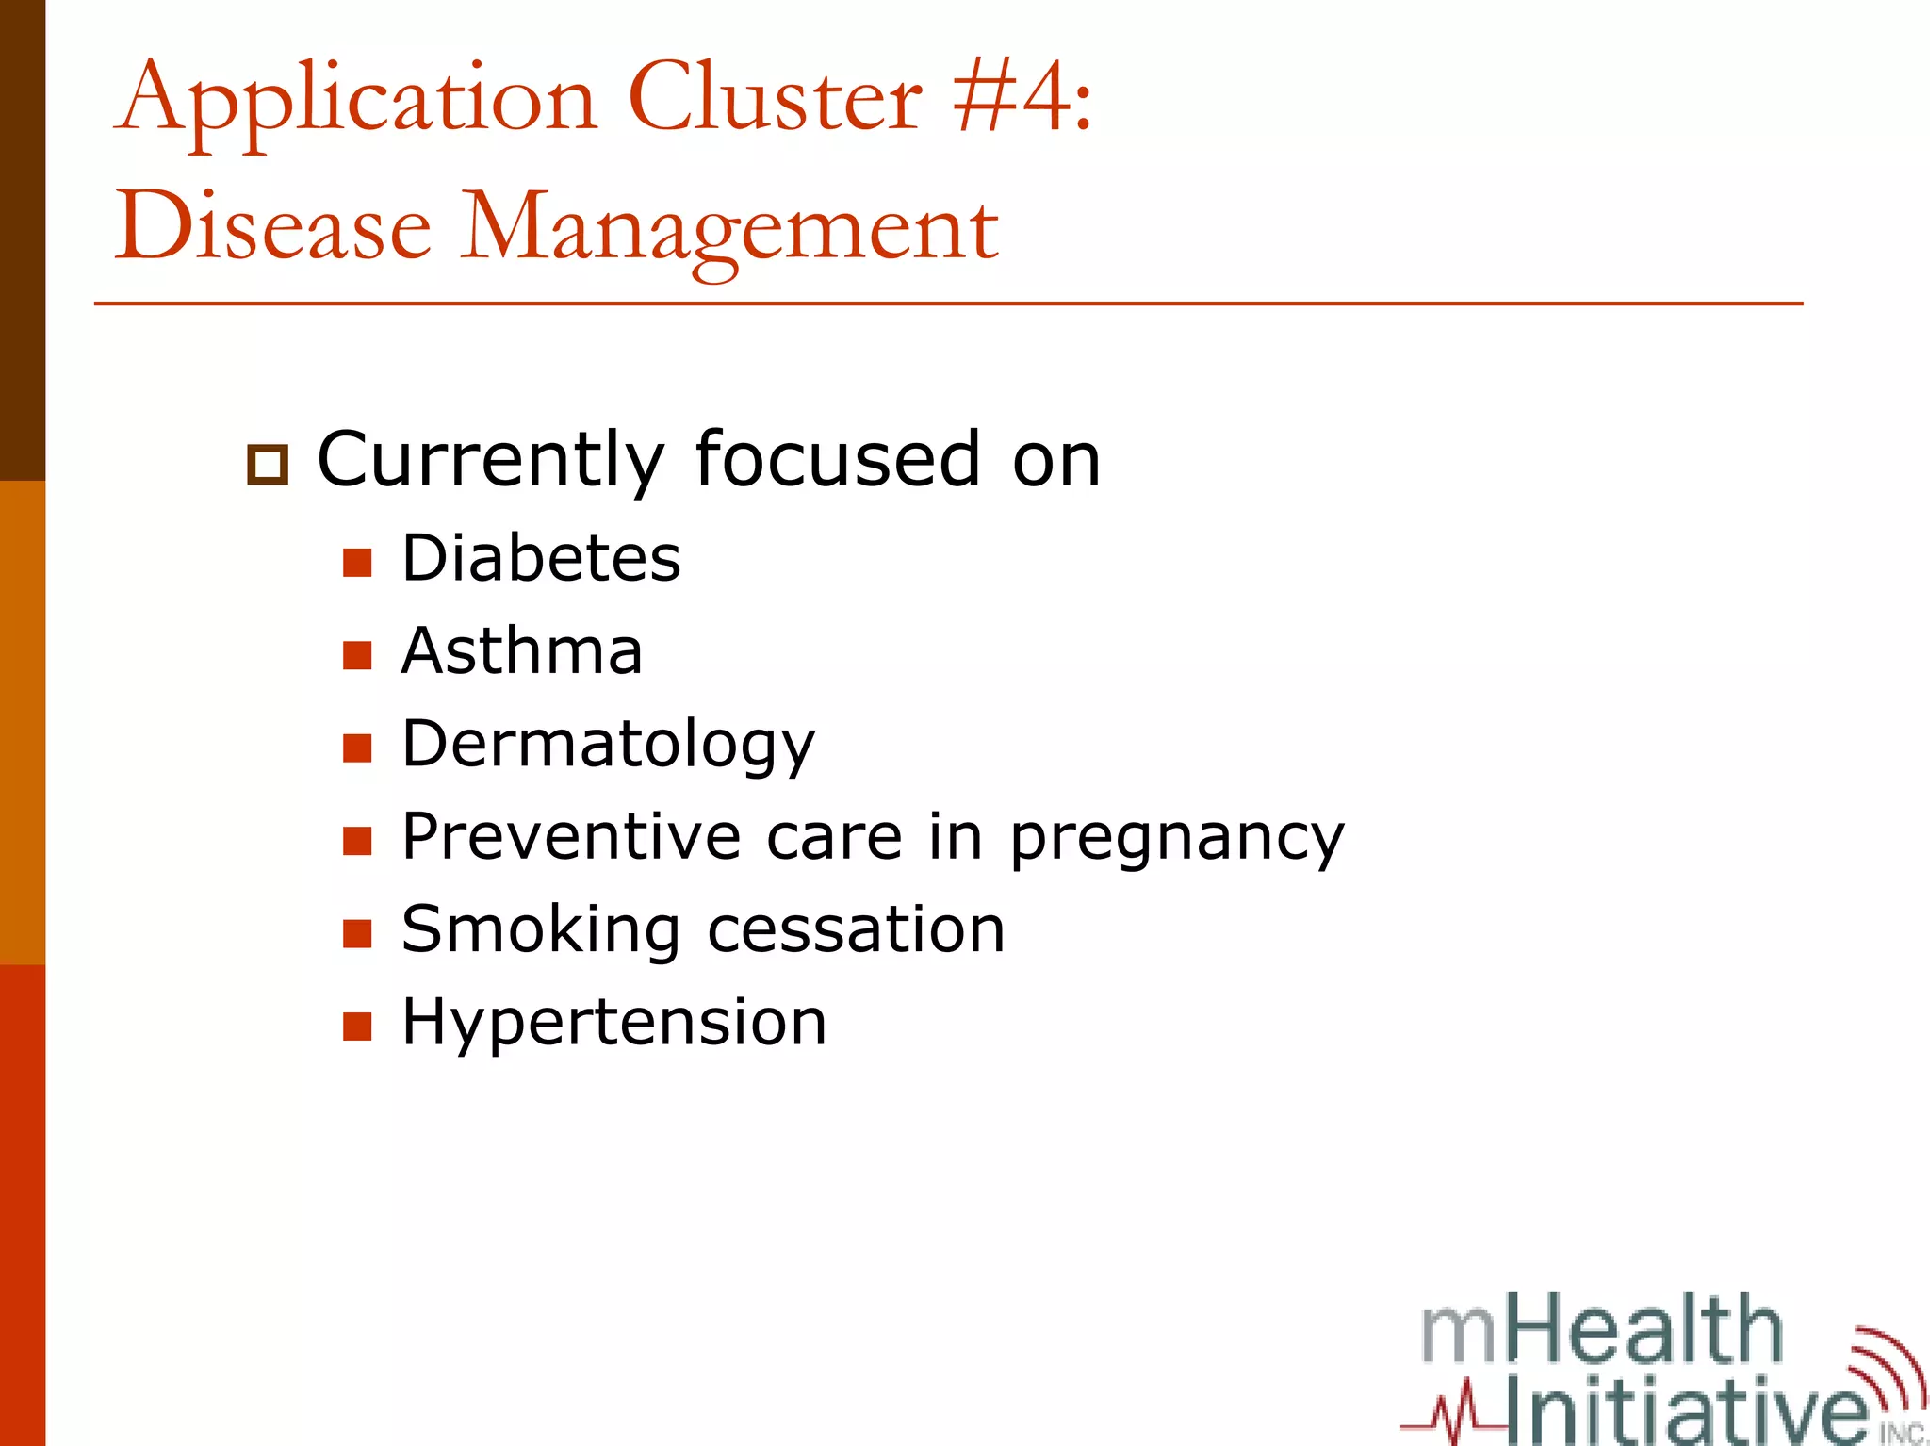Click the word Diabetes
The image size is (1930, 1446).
click(541, 558)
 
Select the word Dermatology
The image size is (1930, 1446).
click(608, 745)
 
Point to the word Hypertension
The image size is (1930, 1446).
click(614, 1022)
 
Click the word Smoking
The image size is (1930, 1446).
click(541, 930)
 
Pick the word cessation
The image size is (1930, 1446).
click(857, 930)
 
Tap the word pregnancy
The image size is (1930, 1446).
click(1177, 838)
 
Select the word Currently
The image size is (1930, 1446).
click(491, 461)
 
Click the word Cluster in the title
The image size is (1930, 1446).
click(775, 98)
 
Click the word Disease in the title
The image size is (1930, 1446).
click(273, 227)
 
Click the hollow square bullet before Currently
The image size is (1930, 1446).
click(268, 466)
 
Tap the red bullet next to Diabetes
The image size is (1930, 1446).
click(358, 563)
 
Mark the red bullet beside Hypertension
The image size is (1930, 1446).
click(358, 1027)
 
